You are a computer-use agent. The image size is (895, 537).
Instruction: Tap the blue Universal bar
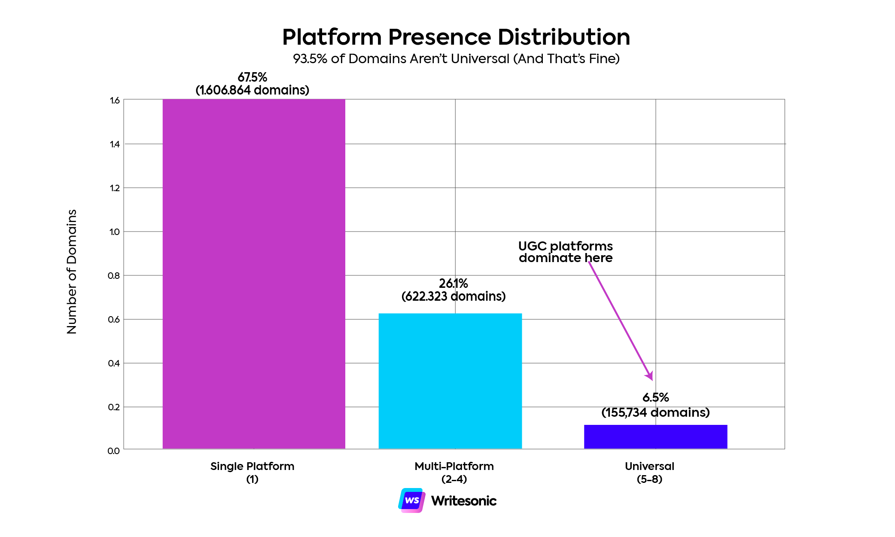click(x=655, y=437)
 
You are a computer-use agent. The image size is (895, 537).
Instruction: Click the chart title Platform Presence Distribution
click(x=456, y=37)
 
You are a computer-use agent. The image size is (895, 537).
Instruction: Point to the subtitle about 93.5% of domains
click(x=456, y=58)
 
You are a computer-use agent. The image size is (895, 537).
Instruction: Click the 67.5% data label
click(x=253, y=78)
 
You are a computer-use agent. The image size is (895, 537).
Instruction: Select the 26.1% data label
click(x=454, y=284)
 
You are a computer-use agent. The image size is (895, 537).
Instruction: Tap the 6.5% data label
click(x=655, y=398)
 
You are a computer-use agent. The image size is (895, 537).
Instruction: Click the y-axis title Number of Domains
click(x=72, y=272)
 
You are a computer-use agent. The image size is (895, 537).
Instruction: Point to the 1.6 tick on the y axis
click(x=115, y=101)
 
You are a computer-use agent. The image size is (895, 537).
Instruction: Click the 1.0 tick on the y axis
click(x=115, y=232)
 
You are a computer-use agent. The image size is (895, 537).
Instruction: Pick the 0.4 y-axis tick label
click(x=114, y=363)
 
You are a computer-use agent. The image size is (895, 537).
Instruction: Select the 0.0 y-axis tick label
click(x=114, y=451)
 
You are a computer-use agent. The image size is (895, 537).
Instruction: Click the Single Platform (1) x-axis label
click(x=253, y=473)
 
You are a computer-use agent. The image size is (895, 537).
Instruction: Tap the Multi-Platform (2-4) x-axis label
click(x=454, y=473)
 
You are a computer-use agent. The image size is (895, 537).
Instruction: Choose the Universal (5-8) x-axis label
click(x=649, y=473)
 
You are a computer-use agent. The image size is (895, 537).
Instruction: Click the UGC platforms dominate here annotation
click(x=566, y=252)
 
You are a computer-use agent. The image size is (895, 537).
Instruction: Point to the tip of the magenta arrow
click(x=652, y=379)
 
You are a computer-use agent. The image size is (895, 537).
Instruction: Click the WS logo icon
click(x=412, y=500)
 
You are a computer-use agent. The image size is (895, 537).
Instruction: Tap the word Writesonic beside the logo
click(x=464, y=501)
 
